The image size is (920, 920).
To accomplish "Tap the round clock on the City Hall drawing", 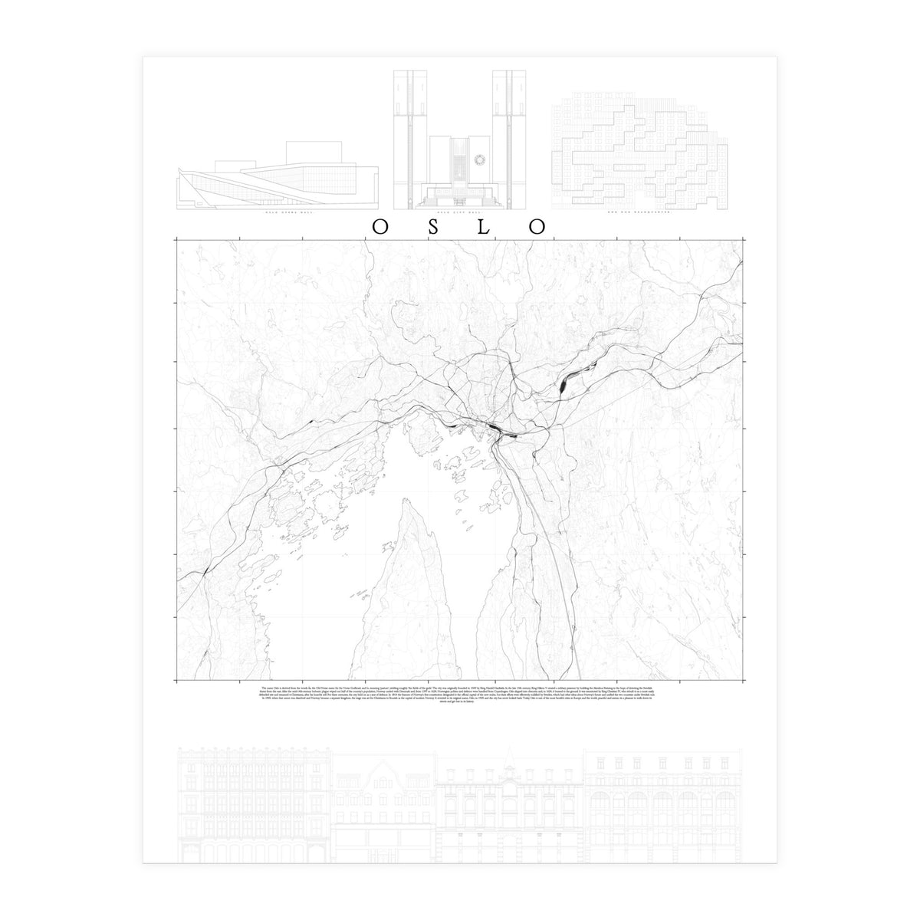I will (x=481, y=159).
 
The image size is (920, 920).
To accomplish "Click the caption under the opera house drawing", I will (x=278, y=216).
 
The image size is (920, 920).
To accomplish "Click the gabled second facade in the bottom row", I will (x=383, y=805).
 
